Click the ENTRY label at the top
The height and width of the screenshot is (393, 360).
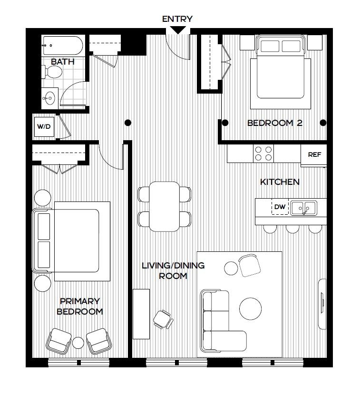coord(177,19)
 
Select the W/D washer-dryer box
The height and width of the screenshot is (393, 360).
coord(44,127)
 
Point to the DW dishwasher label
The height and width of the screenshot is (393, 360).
coord(280,207)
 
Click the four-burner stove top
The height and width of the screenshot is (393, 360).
coord(263,153)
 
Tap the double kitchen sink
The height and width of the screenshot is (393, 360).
coord(303,208)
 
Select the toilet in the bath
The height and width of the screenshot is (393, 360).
coord(52,72)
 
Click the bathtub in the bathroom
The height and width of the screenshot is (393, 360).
coord(63,46)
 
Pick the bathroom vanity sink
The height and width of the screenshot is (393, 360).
coord(49,98)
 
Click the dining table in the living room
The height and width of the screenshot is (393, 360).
coord(165,207)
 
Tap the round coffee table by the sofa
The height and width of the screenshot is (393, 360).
coord(250,308)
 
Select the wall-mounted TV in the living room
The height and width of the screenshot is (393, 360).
coord(322,304)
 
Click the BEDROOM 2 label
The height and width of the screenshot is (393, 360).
coord(275,123)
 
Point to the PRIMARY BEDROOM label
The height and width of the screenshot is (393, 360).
coord(80,307)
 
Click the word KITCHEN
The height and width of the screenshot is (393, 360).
coord(280,182)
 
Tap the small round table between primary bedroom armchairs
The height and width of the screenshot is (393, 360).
coord(78,343)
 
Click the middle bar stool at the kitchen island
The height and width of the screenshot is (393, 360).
coord(292,229)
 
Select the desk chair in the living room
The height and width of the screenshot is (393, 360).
coord(163,319)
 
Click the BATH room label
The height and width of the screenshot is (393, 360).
coord(63,62)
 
